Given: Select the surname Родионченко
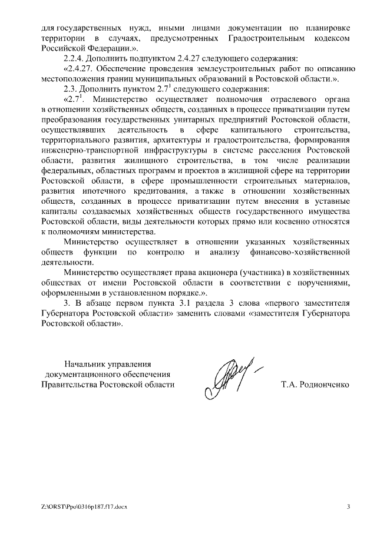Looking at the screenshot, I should click(316, 385).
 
